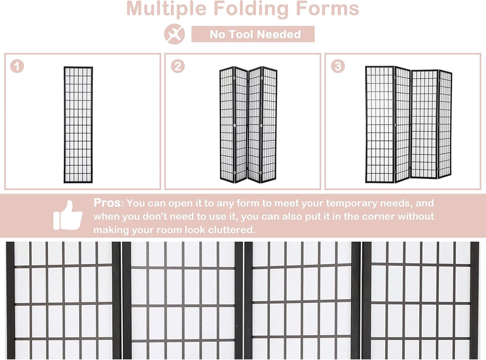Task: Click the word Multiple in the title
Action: (166, 9)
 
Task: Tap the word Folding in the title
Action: (252, 9)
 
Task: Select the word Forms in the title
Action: (327, 8)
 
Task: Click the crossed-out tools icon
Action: (174, 34)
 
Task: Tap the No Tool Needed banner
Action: (253, 34)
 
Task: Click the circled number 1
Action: (17, 66)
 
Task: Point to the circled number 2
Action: (177, 66)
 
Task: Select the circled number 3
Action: (338, 66)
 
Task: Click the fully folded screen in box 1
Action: (78, 124)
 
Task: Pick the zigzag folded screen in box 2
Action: (248, 124)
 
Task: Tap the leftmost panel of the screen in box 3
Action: (380, 124)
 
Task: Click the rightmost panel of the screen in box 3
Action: (445, 124)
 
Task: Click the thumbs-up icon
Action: (68, 216)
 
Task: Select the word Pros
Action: (107, 203)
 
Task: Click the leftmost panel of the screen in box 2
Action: (227, 124)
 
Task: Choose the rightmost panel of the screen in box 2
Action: (269, 124)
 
